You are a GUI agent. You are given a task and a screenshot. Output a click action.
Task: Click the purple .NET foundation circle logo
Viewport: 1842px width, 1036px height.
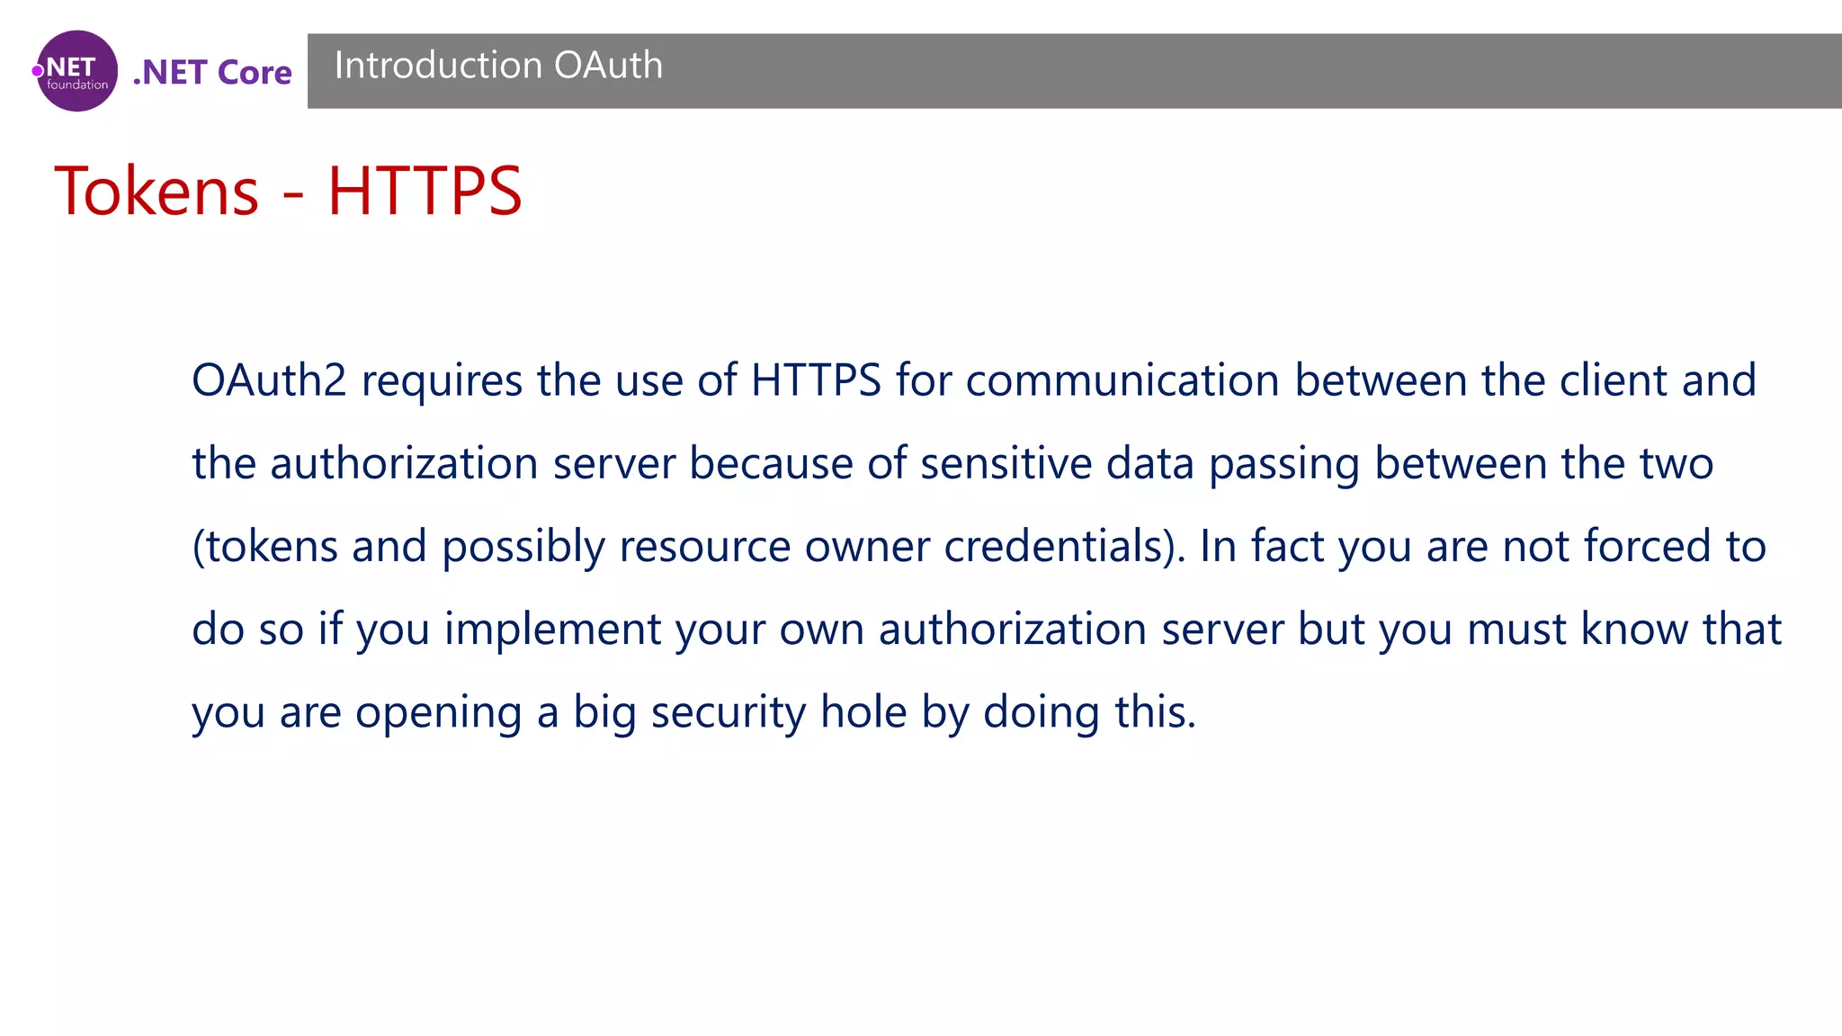pos(76,71)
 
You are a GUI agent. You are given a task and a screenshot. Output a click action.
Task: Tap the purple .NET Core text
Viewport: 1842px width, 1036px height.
pos(212,72)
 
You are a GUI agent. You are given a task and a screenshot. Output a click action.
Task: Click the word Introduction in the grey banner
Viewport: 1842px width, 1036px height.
pos(437,66)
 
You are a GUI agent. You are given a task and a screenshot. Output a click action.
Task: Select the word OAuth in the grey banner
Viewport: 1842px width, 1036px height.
pos(608,66)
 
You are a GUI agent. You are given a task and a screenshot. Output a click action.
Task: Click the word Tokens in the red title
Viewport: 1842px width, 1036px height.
pos(156,191)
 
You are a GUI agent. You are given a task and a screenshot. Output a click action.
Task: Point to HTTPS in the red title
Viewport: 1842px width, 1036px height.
pos(424,191)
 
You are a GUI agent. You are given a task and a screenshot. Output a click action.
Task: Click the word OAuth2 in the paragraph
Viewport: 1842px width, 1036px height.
pos(269,380)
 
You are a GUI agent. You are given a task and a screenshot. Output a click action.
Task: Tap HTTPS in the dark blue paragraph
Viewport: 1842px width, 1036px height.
pos(816,380)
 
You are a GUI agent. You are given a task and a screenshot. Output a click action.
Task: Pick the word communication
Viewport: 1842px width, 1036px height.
pos(1122,380)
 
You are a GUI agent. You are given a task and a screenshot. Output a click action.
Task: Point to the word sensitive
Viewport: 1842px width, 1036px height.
pos(1006,464)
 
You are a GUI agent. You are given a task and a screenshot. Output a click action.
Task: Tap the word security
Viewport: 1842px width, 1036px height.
pos(728,713)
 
